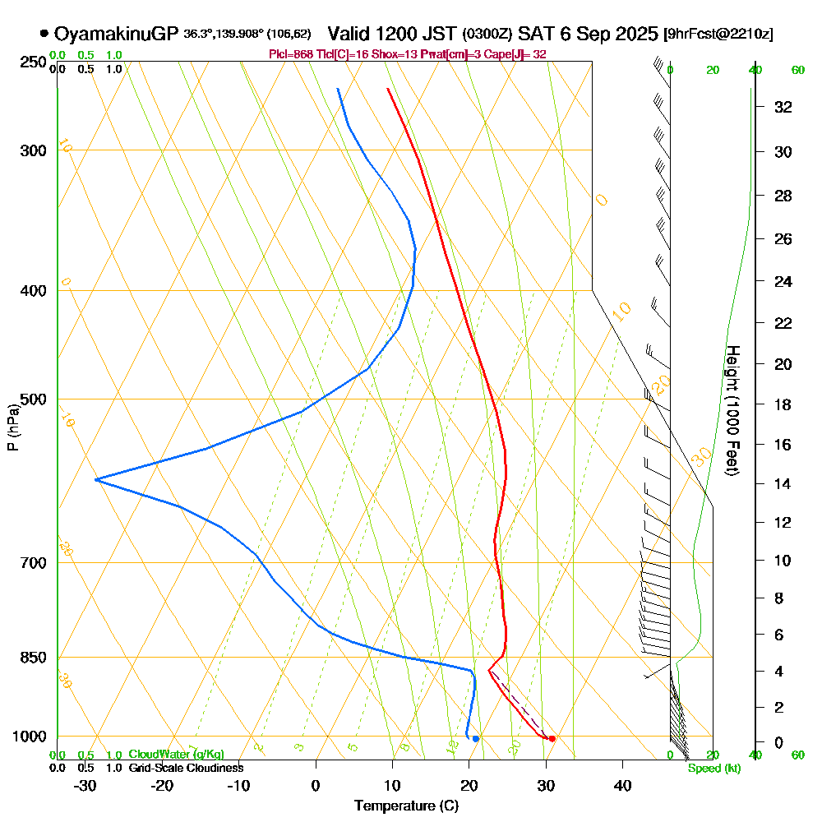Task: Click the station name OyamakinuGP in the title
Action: coord(116,34)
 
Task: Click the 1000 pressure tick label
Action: coord(29,737)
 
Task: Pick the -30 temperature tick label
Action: coord(85,785)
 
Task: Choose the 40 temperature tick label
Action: coord(622,785)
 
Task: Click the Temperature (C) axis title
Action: coord(406,806)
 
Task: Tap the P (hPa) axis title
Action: coord(12,427)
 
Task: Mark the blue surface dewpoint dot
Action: coord(476,738)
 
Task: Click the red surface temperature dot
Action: coord(552,738)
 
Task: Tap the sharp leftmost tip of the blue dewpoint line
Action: coord(96,478)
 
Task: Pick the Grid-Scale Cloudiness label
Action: coord(185,768)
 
